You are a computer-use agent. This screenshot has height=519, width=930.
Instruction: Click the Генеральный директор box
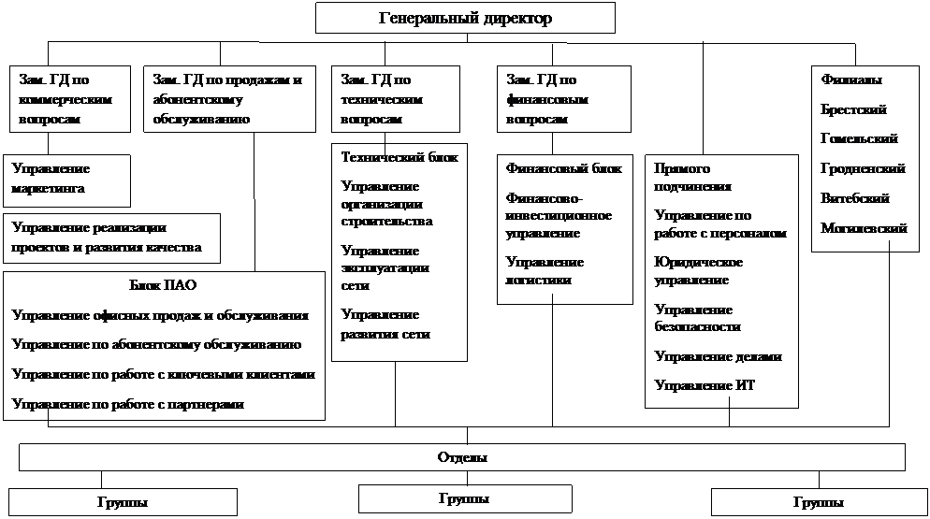click(x=465, y=18)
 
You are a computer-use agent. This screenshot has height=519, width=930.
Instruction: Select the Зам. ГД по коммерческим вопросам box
click(x=70, y=99)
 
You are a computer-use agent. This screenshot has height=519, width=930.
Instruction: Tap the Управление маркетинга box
click(x=66, y=180)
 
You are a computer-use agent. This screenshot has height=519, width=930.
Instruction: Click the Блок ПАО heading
click(x=163, y=285)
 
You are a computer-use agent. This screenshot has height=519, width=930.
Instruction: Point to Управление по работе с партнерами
click(x=128, y=405)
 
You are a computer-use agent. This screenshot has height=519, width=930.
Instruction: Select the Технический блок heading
click(x=400, y=157)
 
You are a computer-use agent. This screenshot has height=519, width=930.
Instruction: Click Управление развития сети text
click(x=385, y=324)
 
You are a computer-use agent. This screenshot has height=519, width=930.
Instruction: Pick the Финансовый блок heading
click(x=563, y=168)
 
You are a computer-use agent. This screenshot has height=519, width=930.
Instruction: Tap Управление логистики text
click(x=545, y=271)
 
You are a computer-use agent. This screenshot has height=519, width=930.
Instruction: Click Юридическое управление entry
click(x=699, y=271)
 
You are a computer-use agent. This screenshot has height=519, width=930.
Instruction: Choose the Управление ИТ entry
click(x=705, y=385)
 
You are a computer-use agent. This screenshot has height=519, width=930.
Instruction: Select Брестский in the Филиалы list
click(x=853, y=109)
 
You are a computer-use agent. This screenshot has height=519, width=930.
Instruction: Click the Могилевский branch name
click(x=865, y=228)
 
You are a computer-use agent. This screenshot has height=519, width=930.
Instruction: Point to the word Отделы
click(x=462, y=457)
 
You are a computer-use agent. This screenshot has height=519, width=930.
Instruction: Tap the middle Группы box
click(x=465, y=498)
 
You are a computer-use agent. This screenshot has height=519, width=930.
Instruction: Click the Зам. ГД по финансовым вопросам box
click(x=564, y=99)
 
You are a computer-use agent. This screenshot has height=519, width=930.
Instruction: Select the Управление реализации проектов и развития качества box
click(x=111, y=238)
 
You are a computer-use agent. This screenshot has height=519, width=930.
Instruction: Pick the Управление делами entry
click(x=719, y=356)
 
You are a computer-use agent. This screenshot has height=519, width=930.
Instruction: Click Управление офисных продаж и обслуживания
click(x=160, y=315)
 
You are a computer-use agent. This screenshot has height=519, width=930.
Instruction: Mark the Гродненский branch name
click(x=863, y=169)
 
